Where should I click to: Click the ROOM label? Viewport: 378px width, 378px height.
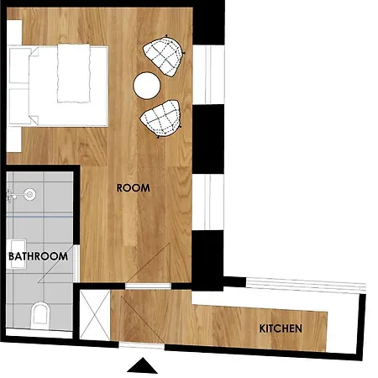click(134, 188)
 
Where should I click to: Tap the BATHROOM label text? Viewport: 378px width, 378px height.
click(39, 256)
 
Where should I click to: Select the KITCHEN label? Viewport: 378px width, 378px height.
click(281, 328)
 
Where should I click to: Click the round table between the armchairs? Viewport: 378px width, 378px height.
click(147, 86)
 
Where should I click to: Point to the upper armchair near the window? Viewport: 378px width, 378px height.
click(164, 55)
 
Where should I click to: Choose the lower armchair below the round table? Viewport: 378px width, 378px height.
click(160, 118)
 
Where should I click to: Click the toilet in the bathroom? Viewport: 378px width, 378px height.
click(40, 316)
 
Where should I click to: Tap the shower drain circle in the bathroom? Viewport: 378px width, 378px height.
click(29, 194)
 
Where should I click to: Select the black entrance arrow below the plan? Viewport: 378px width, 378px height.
click(143, 365)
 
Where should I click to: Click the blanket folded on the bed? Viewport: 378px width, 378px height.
click(74, 73)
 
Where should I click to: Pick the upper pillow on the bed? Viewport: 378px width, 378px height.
click(19, 66)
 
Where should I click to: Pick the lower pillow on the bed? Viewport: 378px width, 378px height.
click(19, 106)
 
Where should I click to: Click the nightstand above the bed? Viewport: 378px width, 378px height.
click(14, 32)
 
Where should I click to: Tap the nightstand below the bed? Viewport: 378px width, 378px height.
click(14, 139)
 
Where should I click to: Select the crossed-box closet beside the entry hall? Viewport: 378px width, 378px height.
click(95, 315)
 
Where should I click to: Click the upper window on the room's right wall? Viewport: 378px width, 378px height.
click(208, 75)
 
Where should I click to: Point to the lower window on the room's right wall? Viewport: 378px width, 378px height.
click(208, 202)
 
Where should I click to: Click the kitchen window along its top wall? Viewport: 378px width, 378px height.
click(306, 285)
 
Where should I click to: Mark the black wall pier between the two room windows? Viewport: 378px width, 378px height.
click(208, 139)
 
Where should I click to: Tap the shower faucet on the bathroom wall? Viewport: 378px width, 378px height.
click(11, 195)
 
